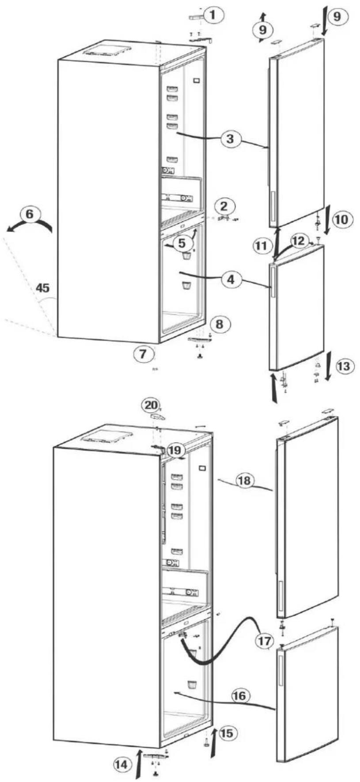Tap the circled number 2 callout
[x=225, y=205]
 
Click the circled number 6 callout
[x=30, y=214]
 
